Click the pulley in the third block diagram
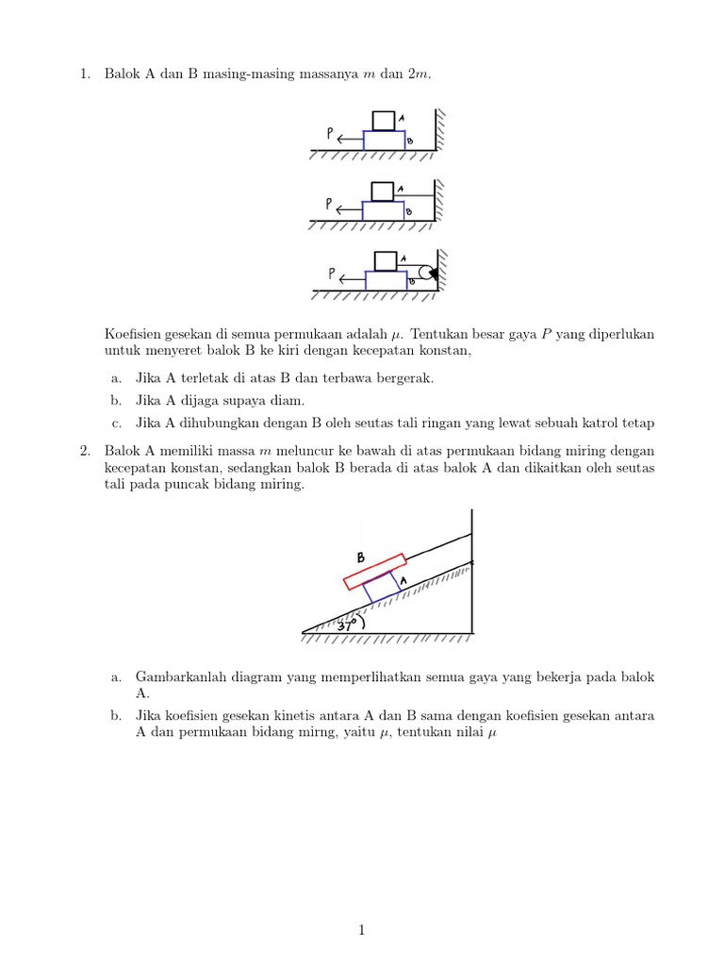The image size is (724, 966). [x=425, y=275]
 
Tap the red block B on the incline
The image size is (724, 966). [x=374, y=570]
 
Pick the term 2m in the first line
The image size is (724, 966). [x=418, y=75]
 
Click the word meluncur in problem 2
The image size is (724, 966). [x=290, y=451]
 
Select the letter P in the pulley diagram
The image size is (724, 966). [x=333, y=274]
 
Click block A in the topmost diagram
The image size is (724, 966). [x=384, y=121]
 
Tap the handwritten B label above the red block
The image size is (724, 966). [x=360, y=558]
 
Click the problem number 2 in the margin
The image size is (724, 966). [x=85, y=451]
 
